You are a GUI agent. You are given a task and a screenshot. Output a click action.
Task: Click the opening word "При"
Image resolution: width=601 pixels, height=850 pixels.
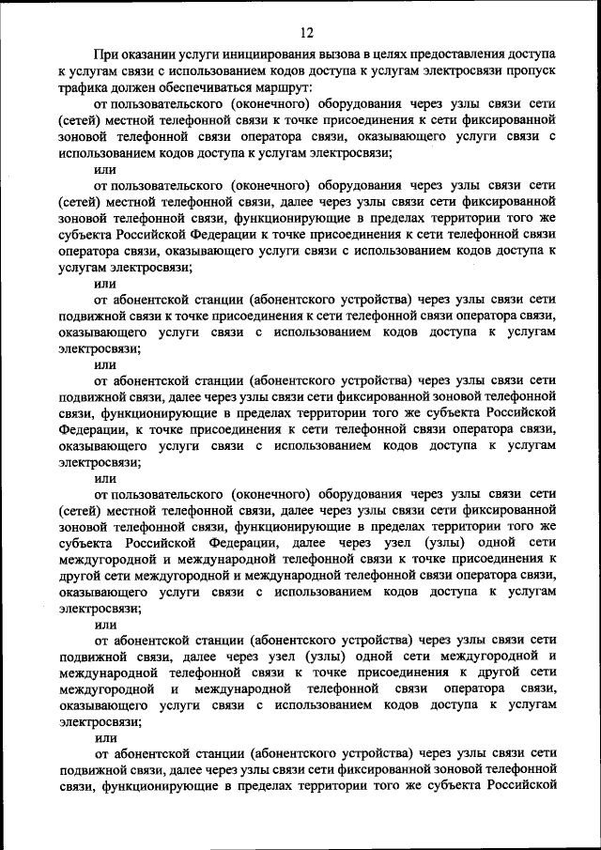pos(106,57)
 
